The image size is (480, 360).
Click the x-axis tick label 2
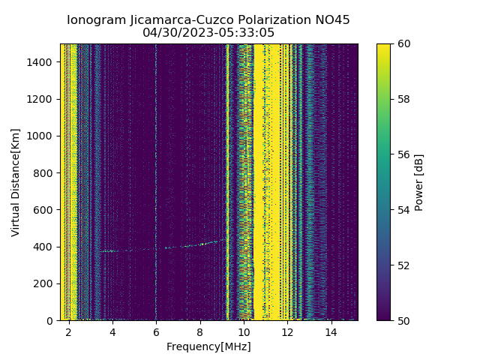pos(69,331)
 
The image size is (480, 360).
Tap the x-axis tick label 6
pos(156,331)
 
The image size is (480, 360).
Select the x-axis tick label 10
pos(244,331)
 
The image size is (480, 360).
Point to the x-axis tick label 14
pos(331,331)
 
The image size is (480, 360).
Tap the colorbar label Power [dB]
pos(419,182)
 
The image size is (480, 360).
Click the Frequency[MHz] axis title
pos(208,346)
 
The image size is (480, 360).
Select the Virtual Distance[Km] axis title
pos(16,182)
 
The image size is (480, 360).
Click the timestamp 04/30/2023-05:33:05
pos(208,33)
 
